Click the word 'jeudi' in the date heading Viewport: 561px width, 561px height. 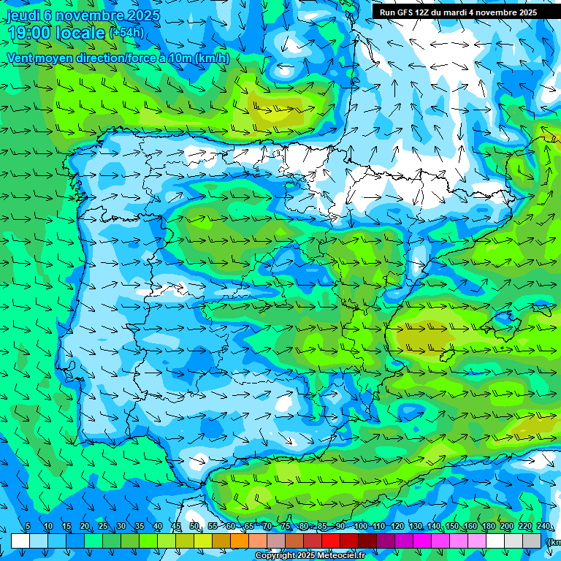tap(23, 15)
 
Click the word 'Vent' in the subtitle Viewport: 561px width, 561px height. tap(20, 58)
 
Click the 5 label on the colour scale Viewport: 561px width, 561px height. tap(28, 527)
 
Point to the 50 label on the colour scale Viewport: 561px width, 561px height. tap(194, 527)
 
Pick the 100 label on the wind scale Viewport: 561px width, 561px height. tap(360, 527)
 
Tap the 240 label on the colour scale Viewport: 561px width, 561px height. tap(543, 527)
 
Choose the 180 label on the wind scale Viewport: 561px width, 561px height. tap(488, 527)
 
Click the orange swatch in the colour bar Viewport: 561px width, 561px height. tap(239, 541)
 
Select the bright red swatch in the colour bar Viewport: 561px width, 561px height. tap(331, 541)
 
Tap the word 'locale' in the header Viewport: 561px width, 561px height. tap(80, 32)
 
